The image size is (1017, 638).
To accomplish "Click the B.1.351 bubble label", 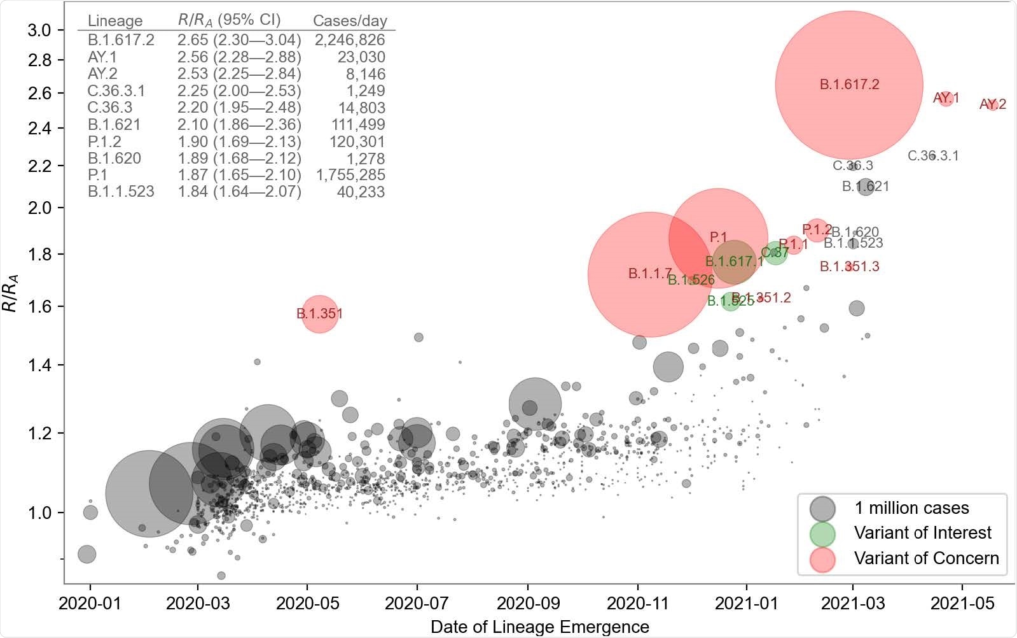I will pyautogui.click(x=319, y=314).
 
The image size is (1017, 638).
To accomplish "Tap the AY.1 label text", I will pyautogui.click(x=946, y=98).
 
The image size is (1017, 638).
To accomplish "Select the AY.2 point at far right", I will pyautogui.click(x=992, y=104).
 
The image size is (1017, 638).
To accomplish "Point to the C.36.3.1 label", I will pyautogui.click(x=932, y=156).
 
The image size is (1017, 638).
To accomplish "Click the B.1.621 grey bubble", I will pyautogui.click(x=866, y=187).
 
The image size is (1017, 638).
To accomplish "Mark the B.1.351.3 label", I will pyautogui.click(x=849, y=267).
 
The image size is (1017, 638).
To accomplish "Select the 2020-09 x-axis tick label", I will pyautogui.click(x=527, y=603).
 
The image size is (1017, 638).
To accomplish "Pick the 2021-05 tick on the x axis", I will pyautogui.click(x=962, y=603).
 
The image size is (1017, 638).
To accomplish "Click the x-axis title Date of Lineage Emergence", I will pyautogui.click(x=539, y=627).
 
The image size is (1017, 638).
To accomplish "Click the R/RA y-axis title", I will pyautogui.click(x=11, y=292).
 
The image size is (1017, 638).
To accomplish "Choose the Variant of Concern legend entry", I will pyautogui.click(x=926, y=558).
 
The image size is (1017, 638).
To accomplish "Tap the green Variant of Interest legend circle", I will pyautogui.click(x=822, y=534).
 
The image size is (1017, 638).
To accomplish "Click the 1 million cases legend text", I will pyautogui.click(x=911, y=508).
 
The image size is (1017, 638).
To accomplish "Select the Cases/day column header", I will pyautogui.click(x=350, y=21).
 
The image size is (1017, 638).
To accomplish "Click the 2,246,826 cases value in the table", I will pyautogui.click(x=350, y=40).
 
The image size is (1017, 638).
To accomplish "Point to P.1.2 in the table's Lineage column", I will pyautogui.click(x=104, y=141).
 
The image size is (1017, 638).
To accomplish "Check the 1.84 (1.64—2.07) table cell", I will pyautogui.click(x=239, y=192).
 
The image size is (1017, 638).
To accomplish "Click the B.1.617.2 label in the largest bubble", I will pyautogui.click(x=849, y=85).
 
